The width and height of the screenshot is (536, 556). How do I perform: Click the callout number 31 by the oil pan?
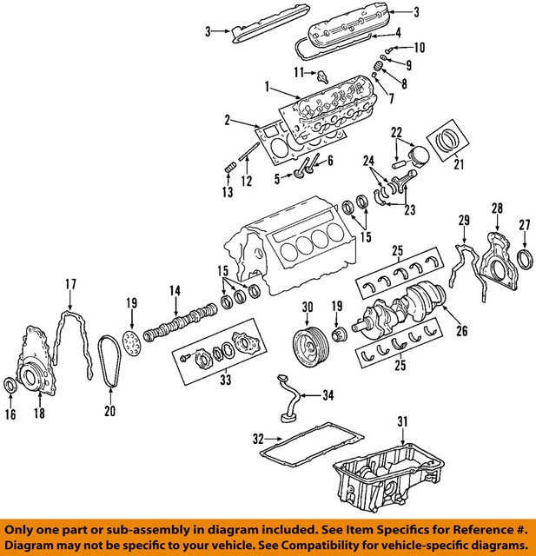(402, 422)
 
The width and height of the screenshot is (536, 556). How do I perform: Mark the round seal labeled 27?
(526, 259)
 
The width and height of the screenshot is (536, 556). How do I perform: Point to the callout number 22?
(396, 132)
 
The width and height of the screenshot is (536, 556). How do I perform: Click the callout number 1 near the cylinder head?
(268, 86)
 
